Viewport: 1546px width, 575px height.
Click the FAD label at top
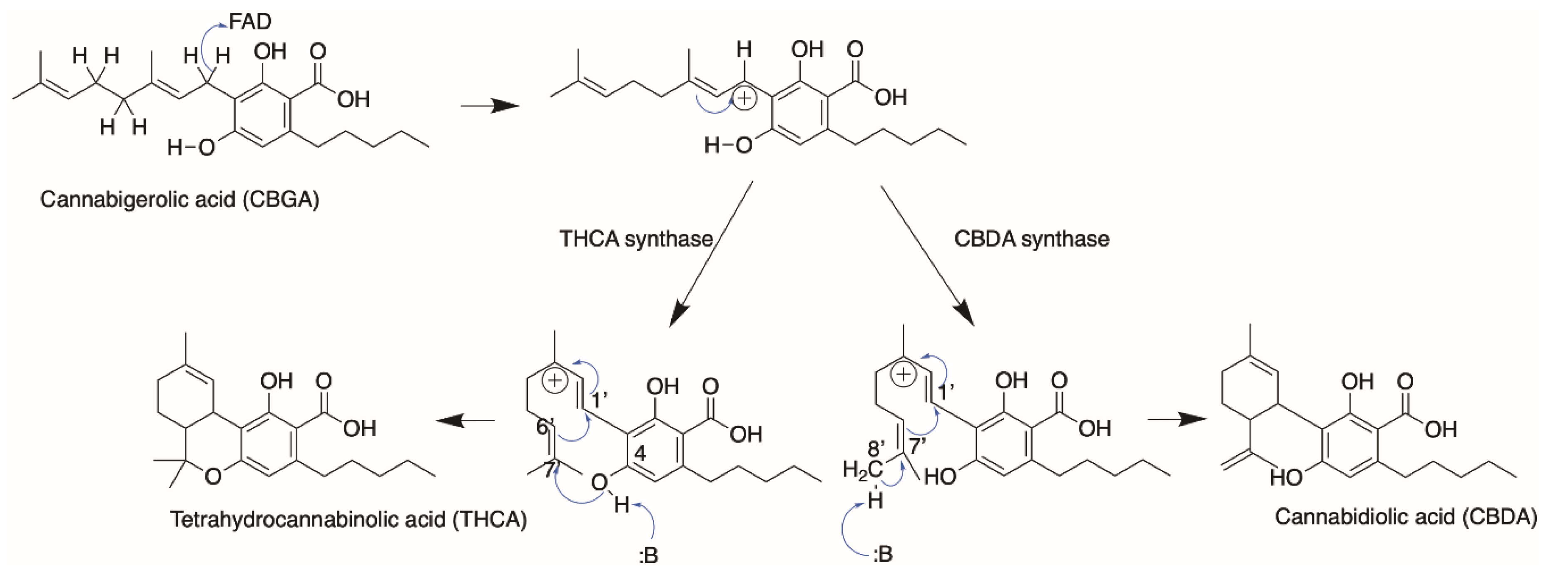250,22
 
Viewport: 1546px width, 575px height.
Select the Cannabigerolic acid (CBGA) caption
179,198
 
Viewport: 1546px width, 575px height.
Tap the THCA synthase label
635,239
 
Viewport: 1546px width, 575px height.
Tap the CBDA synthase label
1031,239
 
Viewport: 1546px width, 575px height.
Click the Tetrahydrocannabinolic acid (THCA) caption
348,518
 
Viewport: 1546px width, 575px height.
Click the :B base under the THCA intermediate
648,555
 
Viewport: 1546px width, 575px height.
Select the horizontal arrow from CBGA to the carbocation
489,106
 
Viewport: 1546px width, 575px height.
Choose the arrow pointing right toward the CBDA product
1176,419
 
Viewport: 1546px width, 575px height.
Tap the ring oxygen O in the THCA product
212,476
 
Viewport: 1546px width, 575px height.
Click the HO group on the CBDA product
1286,478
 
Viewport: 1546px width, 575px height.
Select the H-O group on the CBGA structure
191,147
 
